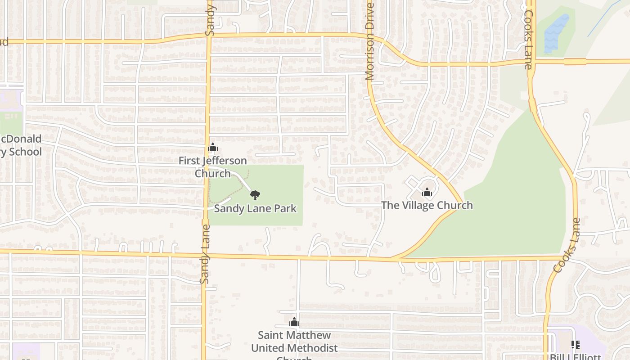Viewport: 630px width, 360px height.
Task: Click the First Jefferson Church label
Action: pyautogui.click(x=212, y=167)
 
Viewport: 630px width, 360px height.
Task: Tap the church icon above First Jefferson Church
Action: pyautogui.click(x=213, y=148)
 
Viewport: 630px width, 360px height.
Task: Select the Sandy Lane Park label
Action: pyautogui.click(x=255, y=208)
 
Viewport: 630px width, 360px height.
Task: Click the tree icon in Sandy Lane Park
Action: pyautogui.click(x=255, y=195)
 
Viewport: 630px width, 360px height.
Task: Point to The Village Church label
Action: pyautogui.click(x=427, y=205)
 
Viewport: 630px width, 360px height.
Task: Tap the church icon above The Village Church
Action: pyautogui.click(x=427, y=193)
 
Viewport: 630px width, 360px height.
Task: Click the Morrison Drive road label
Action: pyautogui.click(x=370, y=42)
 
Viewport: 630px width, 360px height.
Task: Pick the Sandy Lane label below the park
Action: pyautogui.click(x=205, y=254)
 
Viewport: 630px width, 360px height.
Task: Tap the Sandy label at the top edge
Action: pyautogui.click(x=210, y=20)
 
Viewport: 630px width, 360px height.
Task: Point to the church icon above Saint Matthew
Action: pyautogui.click(x=294, y=322)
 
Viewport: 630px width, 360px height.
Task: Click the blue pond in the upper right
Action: pyautogui.click(x=556, y=34)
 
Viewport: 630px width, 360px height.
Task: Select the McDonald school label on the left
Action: pyautogui.click(x=21, y=145)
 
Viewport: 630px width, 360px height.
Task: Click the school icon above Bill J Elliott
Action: pyautogui.click(x=575, y=345)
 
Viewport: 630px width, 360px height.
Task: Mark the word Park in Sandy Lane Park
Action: pyautogui.click(x=285, y=208)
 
